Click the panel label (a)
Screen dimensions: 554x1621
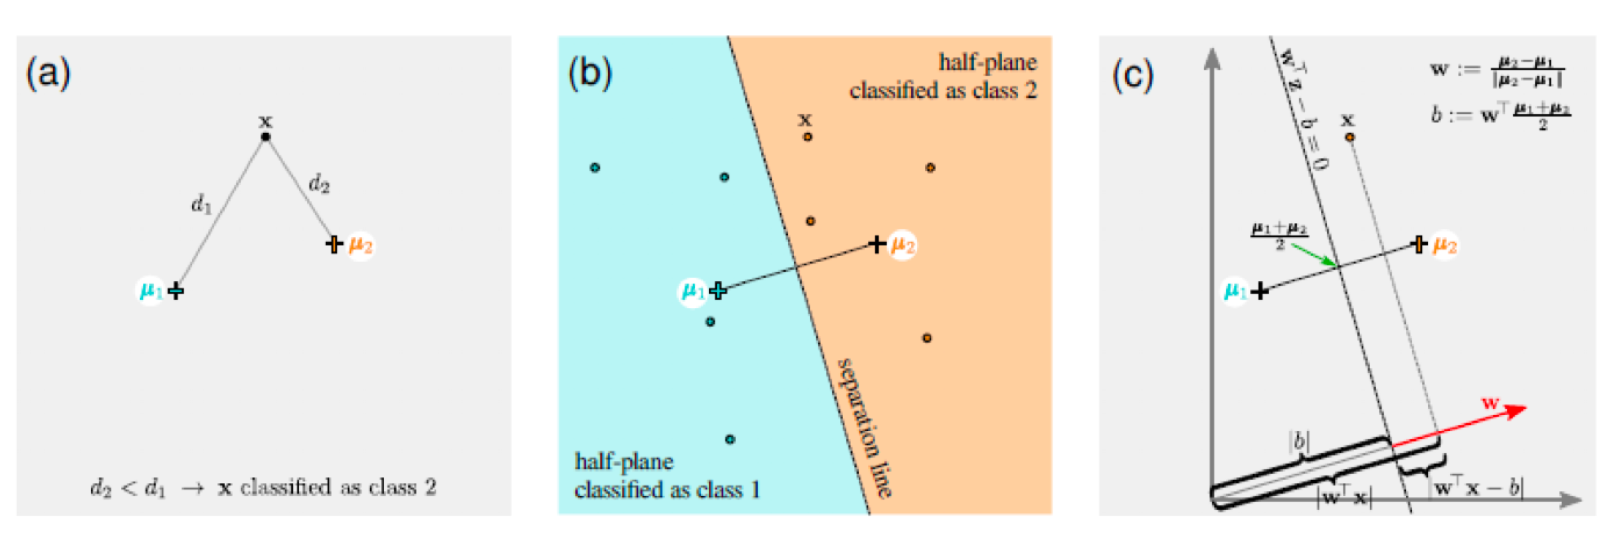[x=48, y=74]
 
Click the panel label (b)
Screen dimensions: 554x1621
[x=590, y=74]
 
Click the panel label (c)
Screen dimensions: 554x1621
[x=1132, y=75]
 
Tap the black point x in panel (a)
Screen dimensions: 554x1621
[x=266, y=136]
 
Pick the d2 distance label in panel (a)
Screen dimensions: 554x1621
[x=319, y=184]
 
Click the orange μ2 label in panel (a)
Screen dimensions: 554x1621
[x=361, y=245]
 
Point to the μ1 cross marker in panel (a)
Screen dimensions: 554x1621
[x=176, y=291]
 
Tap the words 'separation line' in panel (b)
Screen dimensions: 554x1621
[x=865, y=428]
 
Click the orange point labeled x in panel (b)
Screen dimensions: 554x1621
[x=807, y=136]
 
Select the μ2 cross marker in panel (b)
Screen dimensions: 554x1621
[x=877, y=244]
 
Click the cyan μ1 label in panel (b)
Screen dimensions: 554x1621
[x=693, y=291]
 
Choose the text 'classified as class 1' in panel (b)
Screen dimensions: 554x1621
[x=667, y=489]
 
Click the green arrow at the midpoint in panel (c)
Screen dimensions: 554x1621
[x=1315, y=255]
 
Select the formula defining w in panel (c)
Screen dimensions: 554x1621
[x=1498, y=70]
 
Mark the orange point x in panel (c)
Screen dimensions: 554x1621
[x=1349, y=137]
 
